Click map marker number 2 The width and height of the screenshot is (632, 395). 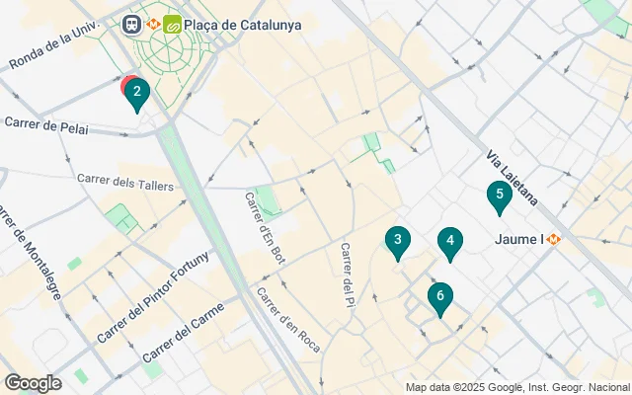[x=136, y=95]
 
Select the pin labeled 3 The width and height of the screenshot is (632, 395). [x=397, y=240]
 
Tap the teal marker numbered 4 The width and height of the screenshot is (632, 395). [x=449, y=241]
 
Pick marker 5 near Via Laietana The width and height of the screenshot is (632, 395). [x=500, y=196]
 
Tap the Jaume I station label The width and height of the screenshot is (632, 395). [x=517, y=239]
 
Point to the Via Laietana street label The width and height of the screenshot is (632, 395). [x=513, y=178]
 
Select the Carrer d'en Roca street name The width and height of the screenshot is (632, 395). [x=288, y=319]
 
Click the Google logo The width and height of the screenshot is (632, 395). [x=33, y=383]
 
